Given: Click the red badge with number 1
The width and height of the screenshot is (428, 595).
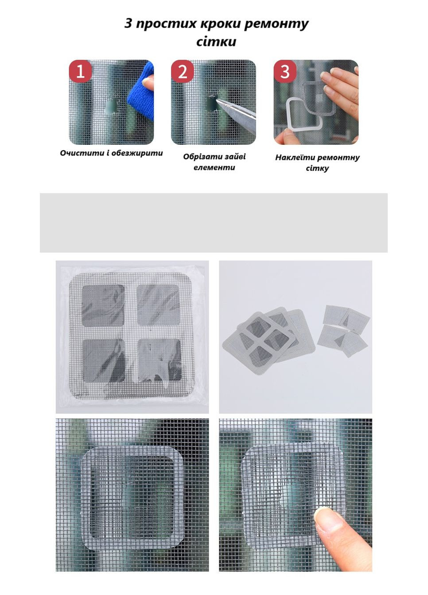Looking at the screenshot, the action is point(80,71).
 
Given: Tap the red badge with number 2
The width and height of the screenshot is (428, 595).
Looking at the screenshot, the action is point(183,71).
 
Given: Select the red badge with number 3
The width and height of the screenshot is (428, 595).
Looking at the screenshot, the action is point(285,71).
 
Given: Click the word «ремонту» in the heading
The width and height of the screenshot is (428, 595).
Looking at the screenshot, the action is point(276,24).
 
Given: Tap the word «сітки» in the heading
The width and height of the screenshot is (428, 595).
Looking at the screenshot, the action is point(216,42).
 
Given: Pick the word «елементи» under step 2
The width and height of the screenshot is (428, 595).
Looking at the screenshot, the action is point(214,168).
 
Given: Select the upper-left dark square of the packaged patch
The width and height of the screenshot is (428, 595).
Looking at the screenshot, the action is point(103,305).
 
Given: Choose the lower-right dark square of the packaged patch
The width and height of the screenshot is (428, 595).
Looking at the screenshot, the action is point(160,360).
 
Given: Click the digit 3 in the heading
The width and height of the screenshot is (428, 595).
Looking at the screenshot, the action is point(128,23).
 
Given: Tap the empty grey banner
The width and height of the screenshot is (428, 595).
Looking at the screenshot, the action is point(214,223).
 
